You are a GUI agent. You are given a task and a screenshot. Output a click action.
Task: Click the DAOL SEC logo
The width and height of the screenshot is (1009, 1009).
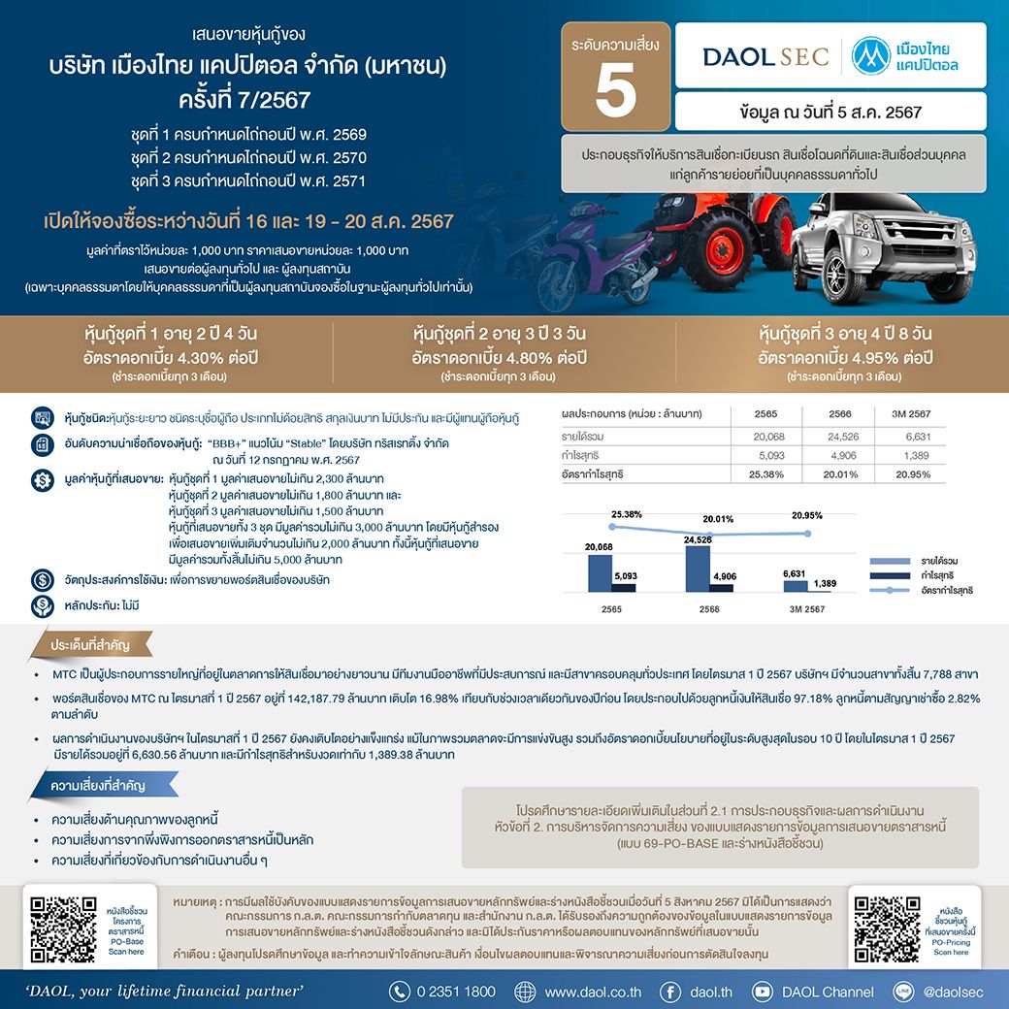[765, 56]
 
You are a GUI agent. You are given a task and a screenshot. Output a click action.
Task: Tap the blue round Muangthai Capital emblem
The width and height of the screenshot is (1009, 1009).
[871, 56]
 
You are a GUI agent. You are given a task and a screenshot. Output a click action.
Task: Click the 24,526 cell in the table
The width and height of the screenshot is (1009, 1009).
[840, 437]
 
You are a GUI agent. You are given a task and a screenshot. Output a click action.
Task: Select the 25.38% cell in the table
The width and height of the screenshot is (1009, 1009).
[765, 474]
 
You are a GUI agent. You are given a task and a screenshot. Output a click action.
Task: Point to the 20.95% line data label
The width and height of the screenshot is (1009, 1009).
[806, 517]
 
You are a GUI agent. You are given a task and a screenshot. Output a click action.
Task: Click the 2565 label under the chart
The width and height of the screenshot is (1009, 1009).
[611, 609]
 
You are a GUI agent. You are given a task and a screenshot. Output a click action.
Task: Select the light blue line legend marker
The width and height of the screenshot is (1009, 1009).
[891, 590]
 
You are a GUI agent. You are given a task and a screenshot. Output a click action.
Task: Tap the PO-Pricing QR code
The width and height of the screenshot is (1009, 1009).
[884, 926]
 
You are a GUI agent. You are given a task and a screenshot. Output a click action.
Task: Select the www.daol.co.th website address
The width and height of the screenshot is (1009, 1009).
[593, 992]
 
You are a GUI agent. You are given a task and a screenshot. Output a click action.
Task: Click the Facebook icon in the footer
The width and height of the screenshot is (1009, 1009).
[669, 992]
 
